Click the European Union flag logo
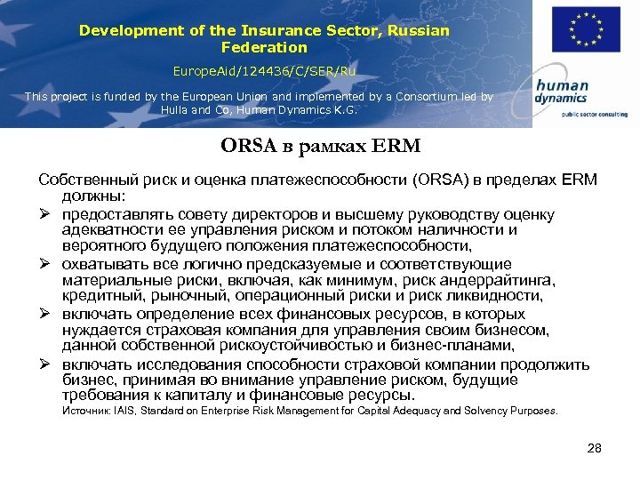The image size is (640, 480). click(x=586, y=29)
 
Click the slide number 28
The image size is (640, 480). click(x=595, y=448)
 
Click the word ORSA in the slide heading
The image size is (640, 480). click(x=250, y=145)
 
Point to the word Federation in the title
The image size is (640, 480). click(x=264, y=47)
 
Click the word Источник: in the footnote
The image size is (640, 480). click(x=86, y=411)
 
